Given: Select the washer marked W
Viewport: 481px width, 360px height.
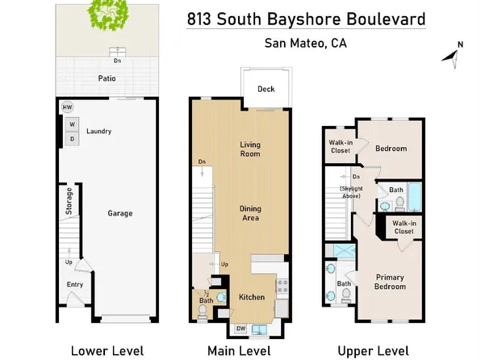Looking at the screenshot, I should click(x=73, y=124).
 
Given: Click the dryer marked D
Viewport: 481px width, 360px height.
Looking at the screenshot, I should click(x=73, y=139).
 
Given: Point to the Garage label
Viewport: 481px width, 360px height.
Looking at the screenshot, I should click(x=121, y=214).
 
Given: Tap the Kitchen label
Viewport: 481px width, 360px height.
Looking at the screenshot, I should click(x=252, y=297).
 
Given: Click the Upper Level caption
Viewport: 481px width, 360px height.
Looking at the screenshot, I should click(x=372, y=350).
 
